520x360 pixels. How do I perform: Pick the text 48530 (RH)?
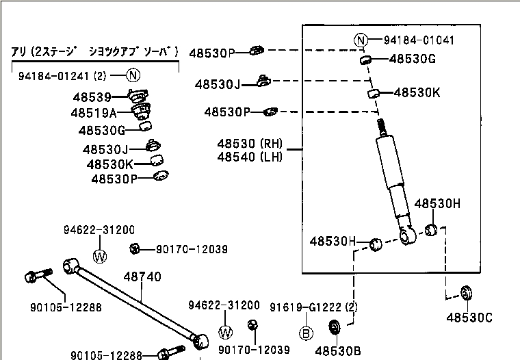pos(250,144)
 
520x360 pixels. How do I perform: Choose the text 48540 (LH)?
pos(250,157)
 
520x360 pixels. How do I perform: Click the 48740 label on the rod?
pos(142,277)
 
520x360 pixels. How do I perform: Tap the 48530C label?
pos(469,317)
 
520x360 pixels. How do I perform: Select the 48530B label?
pos(338,350)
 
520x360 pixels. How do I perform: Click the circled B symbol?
pos(307,334)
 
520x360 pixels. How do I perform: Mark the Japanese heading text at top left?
pos(95,51)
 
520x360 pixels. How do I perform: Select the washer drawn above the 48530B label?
pos(336,326)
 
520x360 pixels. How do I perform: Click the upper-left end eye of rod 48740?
pos(70,265)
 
